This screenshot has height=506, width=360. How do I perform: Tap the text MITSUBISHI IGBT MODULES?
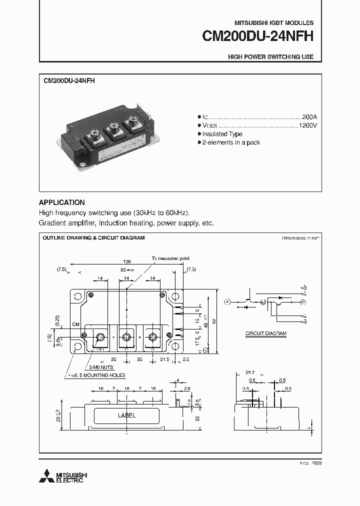(x=274, y=23)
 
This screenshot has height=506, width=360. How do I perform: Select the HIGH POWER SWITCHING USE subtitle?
(x=270, y=57)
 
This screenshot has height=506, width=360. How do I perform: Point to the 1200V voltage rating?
(x=307, y=125)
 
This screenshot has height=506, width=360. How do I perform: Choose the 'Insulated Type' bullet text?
(x=222, y=134)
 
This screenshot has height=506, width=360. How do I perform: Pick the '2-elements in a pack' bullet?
(x=231, y=142)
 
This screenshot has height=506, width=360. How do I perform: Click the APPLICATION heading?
(x=61, y=202)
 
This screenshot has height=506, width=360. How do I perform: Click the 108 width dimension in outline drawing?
(x=127, y=261)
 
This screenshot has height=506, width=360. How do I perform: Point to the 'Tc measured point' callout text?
(x=170, y=258)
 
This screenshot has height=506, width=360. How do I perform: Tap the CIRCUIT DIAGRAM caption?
(x=265, y=333)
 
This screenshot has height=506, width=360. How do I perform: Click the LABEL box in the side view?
(x=126, y=415)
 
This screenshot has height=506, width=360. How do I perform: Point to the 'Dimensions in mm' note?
(x=300, y=238)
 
